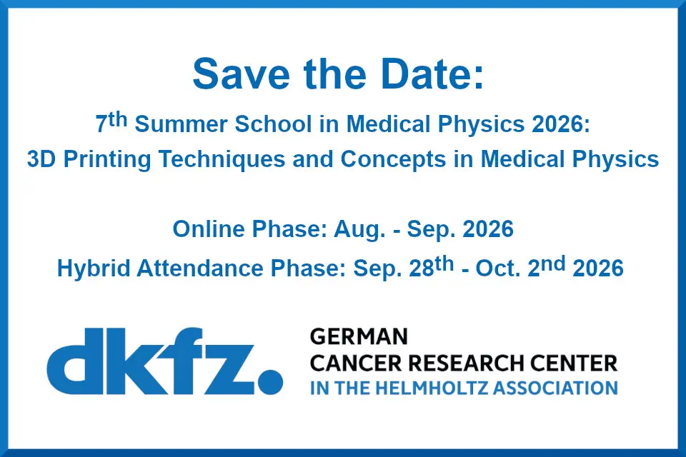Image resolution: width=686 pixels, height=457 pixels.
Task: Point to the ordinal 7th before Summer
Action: (x=111, y=123)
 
